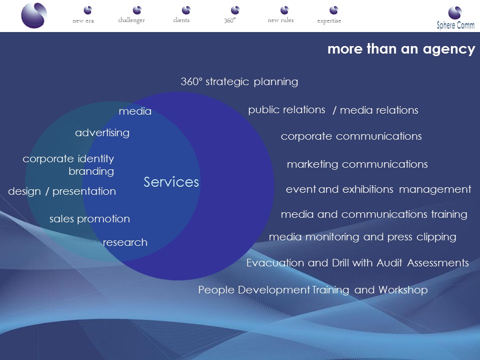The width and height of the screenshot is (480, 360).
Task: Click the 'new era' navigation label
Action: tap(83, 21)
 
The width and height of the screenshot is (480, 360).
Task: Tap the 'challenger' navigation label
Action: tap(131, 20)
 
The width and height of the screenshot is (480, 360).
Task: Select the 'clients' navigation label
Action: tap(181, 20)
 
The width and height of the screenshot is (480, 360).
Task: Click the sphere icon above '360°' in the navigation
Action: tap(235, 10)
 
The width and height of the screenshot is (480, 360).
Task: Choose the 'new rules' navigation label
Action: tap(281, 20)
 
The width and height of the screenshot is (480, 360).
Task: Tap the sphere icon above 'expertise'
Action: tap(334, 10)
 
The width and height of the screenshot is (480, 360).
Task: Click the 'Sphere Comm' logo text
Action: tap(455, 25)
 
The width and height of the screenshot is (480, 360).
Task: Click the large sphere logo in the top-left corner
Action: tap(34, 16)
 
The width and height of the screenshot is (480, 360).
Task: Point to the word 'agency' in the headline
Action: tap(449, 49)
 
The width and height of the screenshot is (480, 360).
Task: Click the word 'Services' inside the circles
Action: tap(171, 182)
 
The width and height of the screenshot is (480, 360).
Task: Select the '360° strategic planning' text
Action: tap(239, 82)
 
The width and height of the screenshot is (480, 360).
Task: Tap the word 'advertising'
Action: tap(102, 133)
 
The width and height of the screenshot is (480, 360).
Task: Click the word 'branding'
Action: tap(91, 171)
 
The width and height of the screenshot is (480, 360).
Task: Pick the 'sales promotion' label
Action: tap(90, 219)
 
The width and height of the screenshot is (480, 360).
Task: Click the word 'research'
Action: tap(125, 242)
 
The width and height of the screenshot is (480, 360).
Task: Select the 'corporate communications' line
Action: tap(351, 136)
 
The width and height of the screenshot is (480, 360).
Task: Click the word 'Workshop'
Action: tap(403, 290)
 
